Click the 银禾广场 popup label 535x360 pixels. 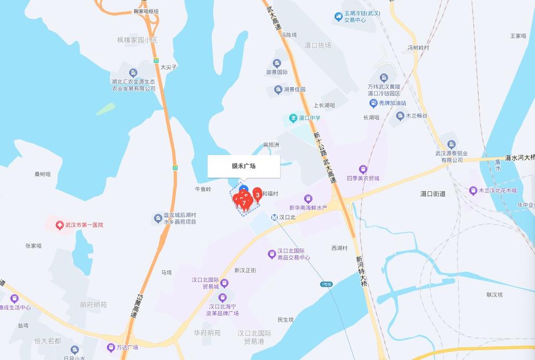(243, 166)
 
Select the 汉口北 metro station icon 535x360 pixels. (274, 218)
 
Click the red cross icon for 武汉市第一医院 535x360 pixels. (59, 225)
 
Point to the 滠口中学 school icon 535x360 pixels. (293, 118)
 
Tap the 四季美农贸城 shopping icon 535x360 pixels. (363, 169)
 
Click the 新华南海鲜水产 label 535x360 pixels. (308, 208)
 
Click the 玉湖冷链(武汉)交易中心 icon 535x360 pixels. (338, 17)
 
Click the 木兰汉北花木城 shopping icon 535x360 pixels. (473, 190)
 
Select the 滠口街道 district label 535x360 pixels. (433, 194)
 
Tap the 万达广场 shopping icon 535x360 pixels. (111, 347)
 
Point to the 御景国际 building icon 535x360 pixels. (277, 63)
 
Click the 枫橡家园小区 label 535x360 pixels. (138, 40)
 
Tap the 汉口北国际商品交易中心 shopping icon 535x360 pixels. (272, 254)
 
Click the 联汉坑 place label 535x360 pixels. (496, 295)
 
